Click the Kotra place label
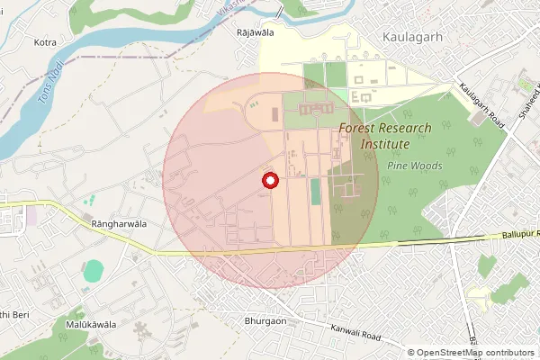pos(45,42)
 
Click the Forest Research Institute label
pos(385,136)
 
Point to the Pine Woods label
pos(414,166)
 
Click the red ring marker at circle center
pos(267,181)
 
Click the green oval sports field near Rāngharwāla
pos(94,270)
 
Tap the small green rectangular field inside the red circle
pos(315,191)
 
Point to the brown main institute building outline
pos(310,109)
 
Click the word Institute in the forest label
pos(385,144)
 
